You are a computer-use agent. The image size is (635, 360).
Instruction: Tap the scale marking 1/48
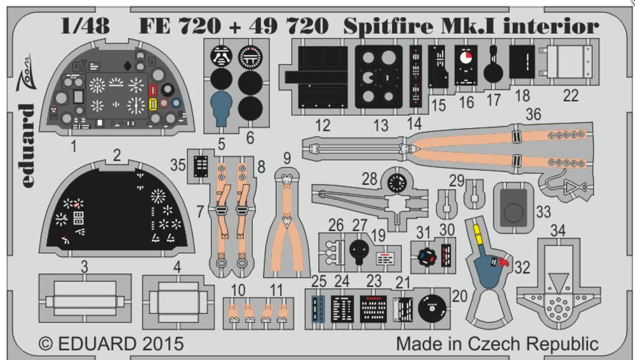point(85,27)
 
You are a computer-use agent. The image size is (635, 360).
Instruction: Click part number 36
point(533,115)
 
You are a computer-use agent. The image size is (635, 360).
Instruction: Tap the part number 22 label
point(571,95)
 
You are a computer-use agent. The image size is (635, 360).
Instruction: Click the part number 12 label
point(323,125)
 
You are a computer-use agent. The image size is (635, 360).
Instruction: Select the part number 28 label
point(370,180)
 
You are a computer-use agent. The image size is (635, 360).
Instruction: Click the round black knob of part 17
point(493,72)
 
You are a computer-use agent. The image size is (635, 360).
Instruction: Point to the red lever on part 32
point(505,262)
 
